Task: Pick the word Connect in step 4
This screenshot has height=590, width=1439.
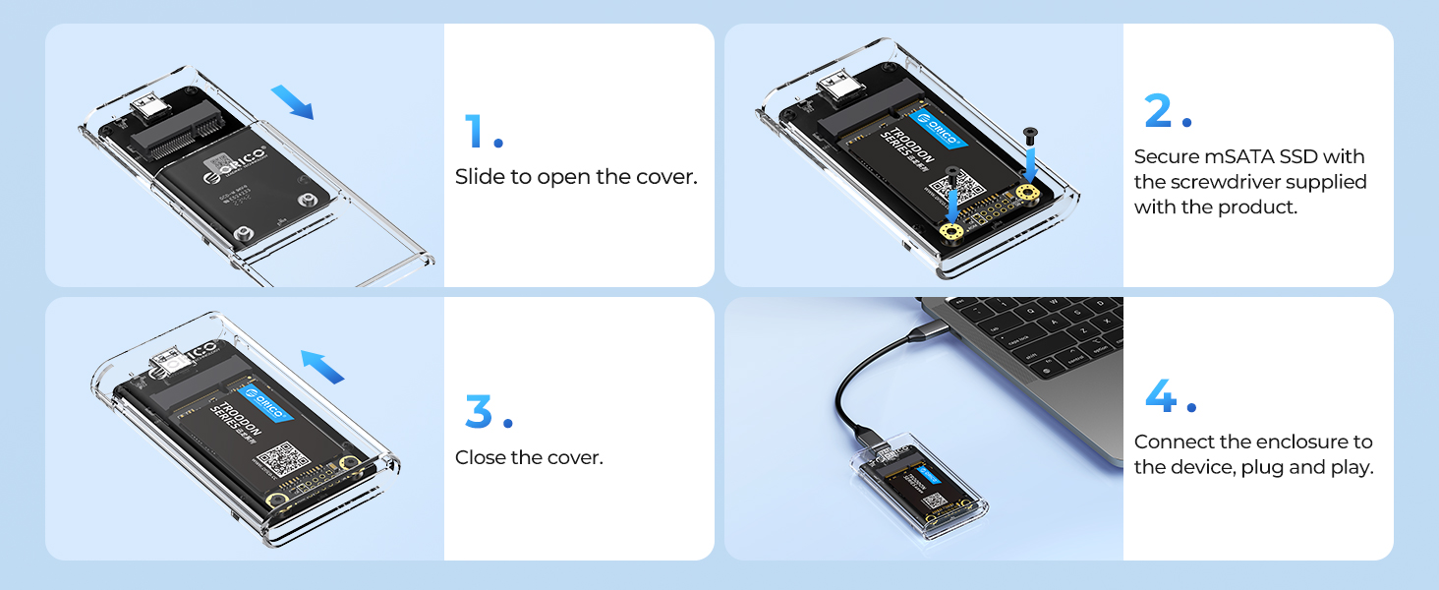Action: pos(1174,442)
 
